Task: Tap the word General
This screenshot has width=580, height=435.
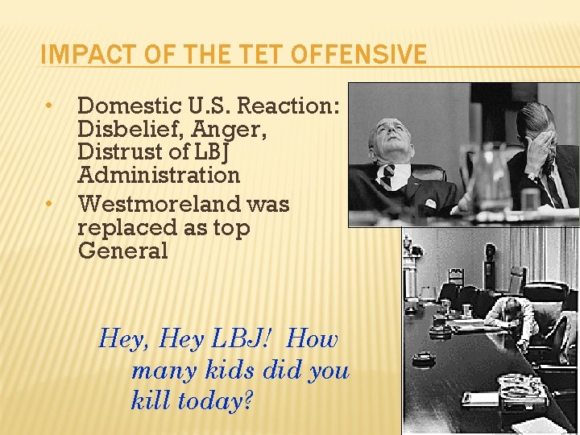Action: pos(123,251)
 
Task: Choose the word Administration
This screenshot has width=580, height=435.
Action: pos(159,175)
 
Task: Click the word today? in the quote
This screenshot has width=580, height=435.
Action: pos(213,400)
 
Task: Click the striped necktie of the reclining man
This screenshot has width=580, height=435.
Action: pos(388,176)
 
